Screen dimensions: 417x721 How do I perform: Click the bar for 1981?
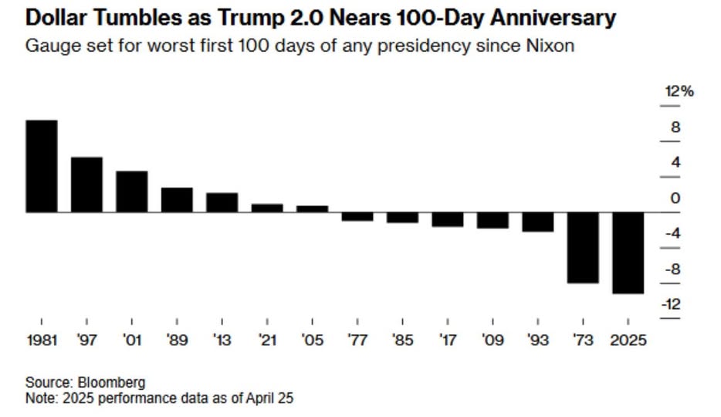coord(42,165)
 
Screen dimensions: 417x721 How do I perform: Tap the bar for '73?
coord(583,247)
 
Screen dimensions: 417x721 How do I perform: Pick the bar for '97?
coord(86,184)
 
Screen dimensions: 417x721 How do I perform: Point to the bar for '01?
coord(132,191)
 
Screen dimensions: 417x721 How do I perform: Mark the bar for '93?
coord(538,221)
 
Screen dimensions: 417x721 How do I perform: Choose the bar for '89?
coord(177,199)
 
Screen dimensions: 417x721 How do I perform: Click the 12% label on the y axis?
coord(679,92)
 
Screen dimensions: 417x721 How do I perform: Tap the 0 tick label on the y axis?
coord(676,198)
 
